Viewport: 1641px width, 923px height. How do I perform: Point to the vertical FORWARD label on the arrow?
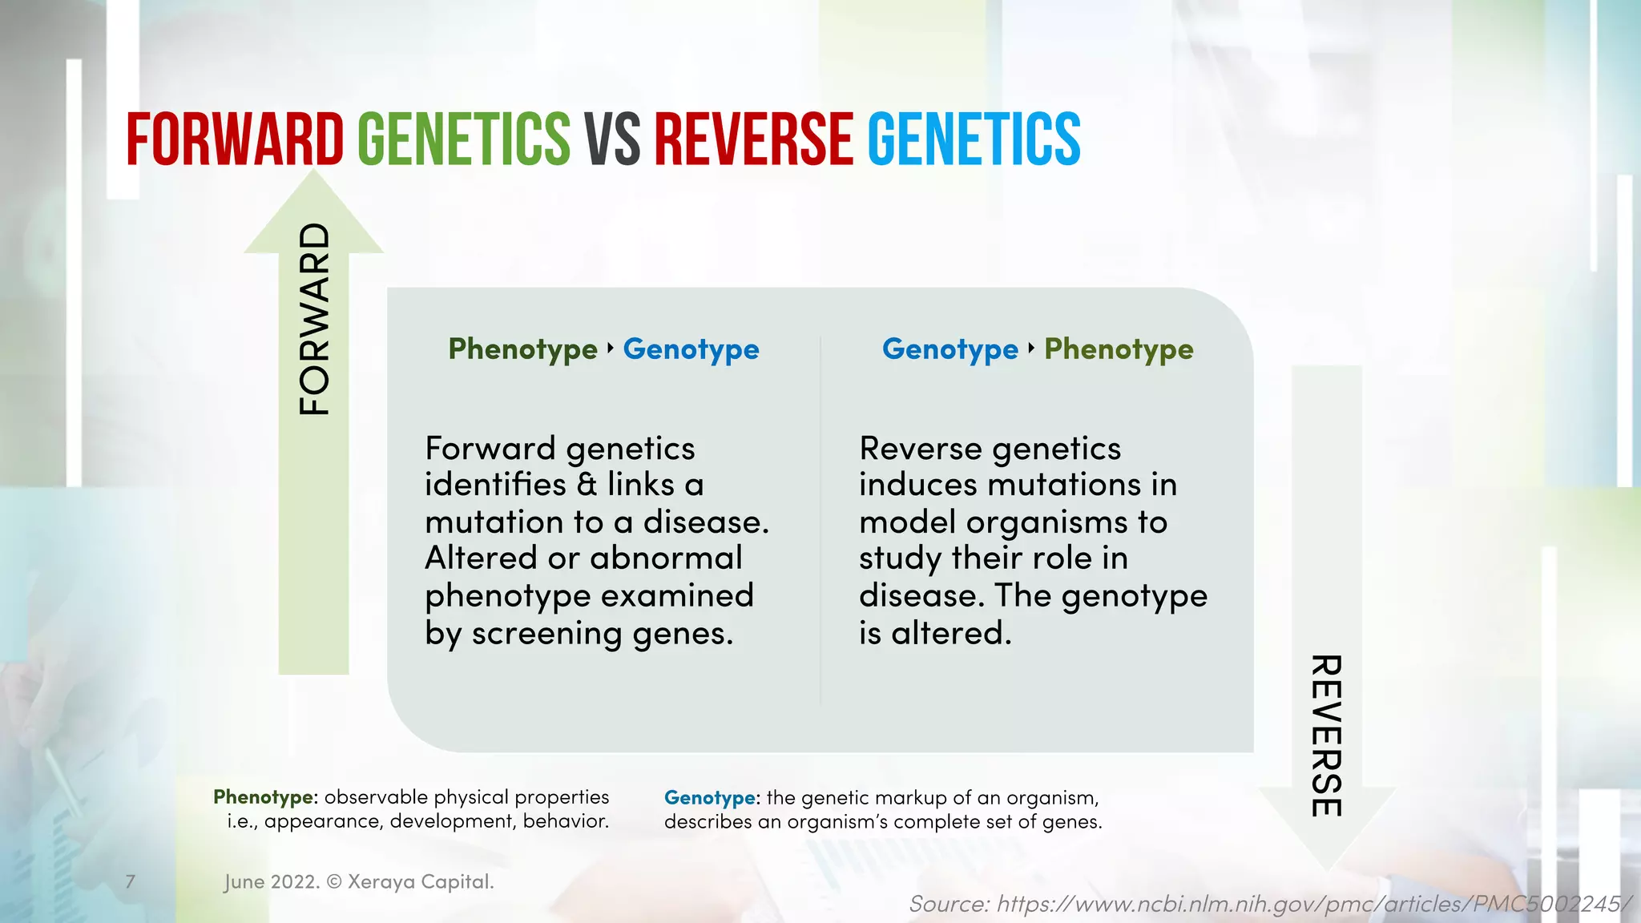point(314,319)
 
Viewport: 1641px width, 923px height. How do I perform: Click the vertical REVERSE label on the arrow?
point(1326,736)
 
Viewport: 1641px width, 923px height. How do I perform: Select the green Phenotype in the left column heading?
point(522,349)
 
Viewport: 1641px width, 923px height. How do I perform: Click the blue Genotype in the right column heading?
point(950,349)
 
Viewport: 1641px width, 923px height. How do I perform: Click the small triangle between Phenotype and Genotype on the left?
point(611,348)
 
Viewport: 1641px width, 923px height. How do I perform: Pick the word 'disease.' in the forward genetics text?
point(706,522)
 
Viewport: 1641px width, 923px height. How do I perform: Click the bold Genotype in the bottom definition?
point(709,798)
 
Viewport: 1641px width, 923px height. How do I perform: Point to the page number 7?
point(131,881)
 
